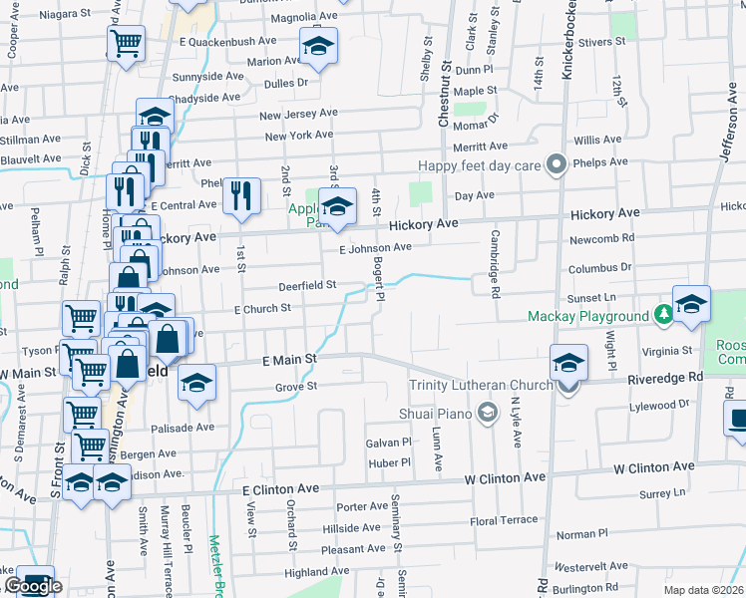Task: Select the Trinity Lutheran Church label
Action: tap(481, 386)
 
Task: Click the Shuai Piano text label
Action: tap(436, 412)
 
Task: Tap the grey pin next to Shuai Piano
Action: tap(487, 412)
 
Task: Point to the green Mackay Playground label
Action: tap(588, 316)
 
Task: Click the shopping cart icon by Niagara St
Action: tap(127, 43)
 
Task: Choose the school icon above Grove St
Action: tap(197, 382)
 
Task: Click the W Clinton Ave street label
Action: tap(653, 466)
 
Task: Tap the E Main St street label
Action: tap(289, 358)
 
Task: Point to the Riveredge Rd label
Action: tap(665, 378)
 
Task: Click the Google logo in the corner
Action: tap(33, 586)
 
